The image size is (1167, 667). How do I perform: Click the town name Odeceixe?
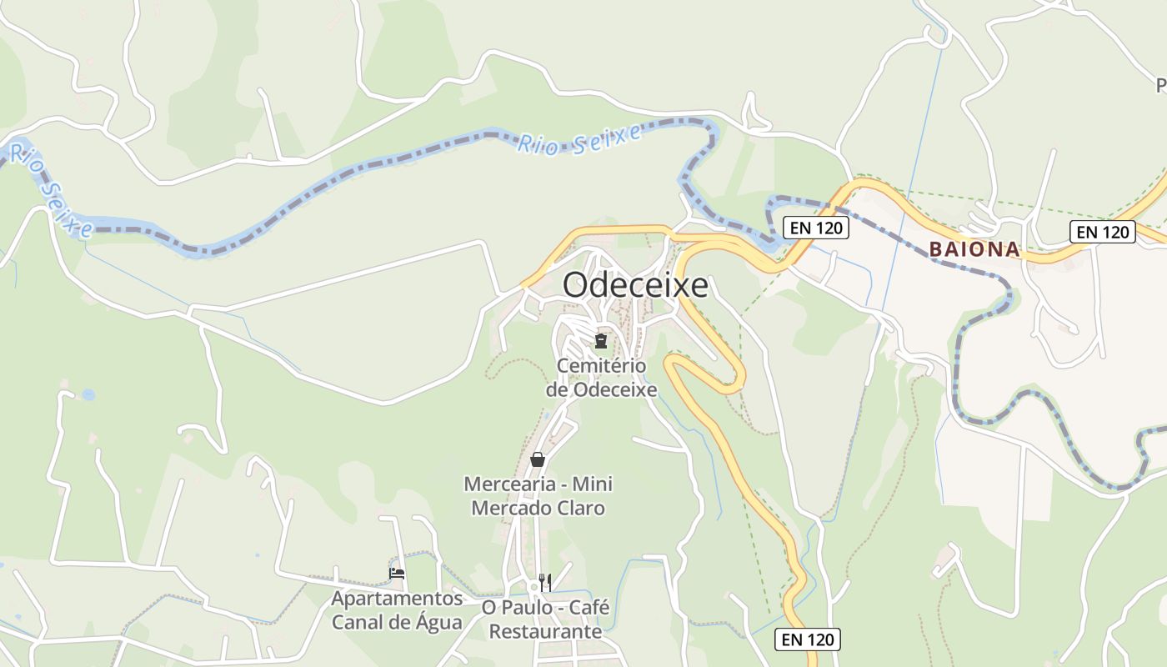[x=635, y=285]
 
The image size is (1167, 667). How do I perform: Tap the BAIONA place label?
[x=974, y=248]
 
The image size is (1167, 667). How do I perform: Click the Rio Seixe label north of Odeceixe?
[x=579, y=139]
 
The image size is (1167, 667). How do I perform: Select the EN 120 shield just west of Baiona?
[x=816, y=228]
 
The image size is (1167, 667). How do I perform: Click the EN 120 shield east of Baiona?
[x=1102, y=232]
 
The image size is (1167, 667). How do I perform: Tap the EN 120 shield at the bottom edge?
[x=807, y=639]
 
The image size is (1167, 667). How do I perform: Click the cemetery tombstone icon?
[x=600, y=340]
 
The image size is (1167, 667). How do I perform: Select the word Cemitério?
[x=601, y=366]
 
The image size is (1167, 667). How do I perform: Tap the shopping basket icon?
[x=538, y=459]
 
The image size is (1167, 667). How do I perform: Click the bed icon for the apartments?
[x=397, y=574]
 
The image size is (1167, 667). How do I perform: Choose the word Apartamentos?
[x=397, y=599]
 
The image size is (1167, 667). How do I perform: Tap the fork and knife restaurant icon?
[x=545, y=581]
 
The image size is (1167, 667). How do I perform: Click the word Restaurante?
[x=545, y=631]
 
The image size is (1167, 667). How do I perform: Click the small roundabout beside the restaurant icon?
[x=533, y=586]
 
